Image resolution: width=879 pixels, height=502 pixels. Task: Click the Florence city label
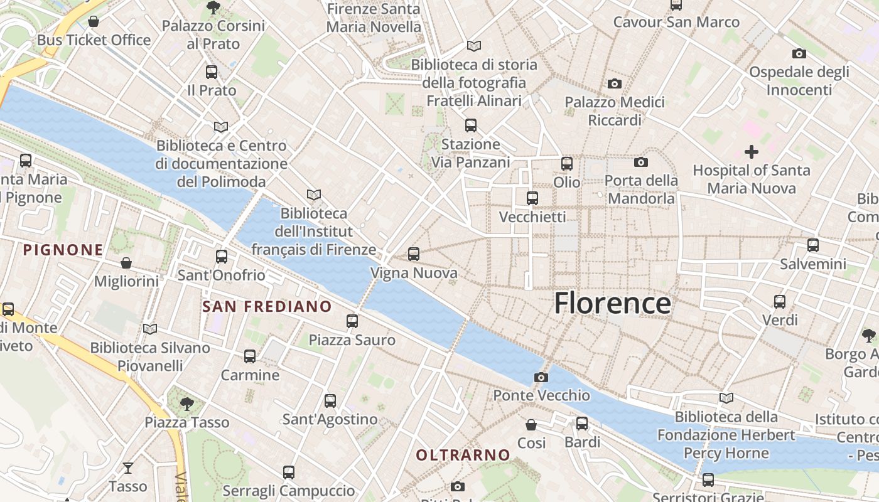[x=612, y=303]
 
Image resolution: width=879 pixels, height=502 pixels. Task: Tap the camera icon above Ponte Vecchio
[x=541, y=377]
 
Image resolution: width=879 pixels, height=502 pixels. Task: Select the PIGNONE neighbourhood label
[x=63, y=250]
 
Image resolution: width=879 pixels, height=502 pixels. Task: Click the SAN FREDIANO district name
[x=267, y=306]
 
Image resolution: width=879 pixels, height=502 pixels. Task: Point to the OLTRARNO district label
[x=463, y=455]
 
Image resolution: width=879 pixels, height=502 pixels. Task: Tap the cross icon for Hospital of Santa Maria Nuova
[x=751, y=151]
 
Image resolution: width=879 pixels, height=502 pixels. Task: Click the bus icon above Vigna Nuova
[x=413, y=254]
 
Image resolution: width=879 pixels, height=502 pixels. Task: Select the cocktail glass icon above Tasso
[x=128, y=468]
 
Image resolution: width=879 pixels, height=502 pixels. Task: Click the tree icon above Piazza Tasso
[x=186, y=403]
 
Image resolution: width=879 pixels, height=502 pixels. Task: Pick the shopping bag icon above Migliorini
[x=126, y=262]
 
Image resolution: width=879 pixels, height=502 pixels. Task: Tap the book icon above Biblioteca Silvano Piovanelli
[x=149, y=329]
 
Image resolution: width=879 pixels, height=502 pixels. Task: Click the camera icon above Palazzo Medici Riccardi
[x=614, y=83]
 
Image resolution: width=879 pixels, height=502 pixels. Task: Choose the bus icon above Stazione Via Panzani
[x=470, y=125]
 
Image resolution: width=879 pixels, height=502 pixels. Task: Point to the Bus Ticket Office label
[x=94, y=40]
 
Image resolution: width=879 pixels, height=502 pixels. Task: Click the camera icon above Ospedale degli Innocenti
[x=799, y=53]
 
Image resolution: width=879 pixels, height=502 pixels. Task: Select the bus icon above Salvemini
[x=812, y=245]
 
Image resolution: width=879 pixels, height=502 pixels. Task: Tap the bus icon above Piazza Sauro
[x=352, y=321]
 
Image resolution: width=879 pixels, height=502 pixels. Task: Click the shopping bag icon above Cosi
[x=531, y=425]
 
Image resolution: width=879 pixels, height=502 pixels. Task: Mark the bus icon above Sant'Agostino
[x=330, y=400]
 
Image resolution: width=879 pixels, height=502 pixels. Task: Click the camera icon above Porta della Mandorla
[x=640, y=162]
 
